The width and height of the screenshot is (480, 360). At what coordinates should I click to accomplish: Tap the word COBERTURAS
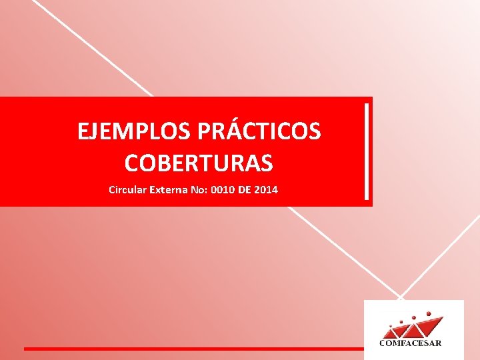pos(199,162)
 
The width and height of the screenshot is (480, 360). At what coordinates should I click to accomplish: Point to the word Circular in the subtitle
pos(127,190)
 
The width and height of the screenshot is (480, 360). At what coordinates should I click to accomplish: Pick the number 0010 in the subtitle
pos(223,190)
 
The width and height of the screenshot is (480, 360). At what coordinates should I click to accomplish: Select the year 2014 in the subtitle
pos(266,190)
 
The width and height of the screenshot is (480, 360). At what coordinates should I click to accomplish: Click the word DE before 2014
pos(244,190)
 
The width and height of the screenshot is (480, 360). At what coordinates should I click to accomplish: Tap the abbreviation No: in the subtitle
pos(197,190)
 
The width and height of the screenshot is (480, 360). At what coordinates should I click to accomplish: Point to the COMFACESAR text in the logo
pos(410,343)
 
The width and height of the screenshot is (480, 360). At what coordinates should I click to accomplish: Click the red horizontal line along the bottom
pos(193,349)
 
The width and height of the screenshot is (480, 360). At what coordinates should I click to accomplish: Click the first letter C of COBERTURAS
pos(132,162)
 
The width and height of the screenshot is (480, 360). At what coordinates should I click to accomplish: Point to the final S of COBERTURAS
pos(266,162)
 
